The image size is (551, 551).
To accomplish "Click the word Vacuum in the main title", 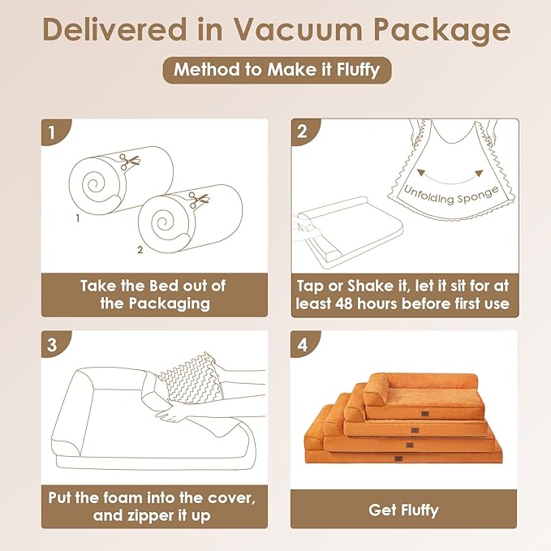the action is [x=298, y=30].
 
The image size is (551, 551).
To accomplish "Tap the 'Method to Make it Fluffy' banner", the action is [x=277, y=70].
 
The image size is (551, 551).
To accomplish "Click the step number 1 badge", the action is [x=53, y=132].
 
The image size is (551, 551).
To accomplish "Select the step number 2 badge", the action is [x=303, y=131].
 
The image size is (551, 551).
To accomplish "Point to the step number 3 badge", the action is [x=53, y=344].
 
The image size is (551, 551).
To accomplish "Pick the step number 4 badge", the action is [x=303, y=344].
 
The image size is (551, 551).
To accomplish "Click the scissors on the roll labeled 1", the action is [x=129, y=161].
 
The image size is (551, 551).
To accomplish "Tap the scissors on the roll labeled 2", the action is [x=198, y=200].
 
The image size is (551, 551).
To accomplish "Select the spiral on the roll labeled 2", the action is [x=162, y=222].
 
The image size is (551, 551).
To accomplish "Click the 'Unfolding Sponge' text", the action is [x=451, y=196].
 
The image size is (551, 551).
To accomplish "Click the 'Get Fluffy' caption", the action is [x=403, y=510].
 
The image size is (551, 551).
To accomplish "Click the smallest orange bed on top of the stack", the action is [x=424, y=396].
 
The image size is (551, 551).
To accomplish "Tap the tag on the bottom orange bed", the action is [x=398, y=458].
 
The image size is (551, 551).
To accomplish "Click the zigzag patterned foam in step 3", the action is [x=192, y=379].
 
